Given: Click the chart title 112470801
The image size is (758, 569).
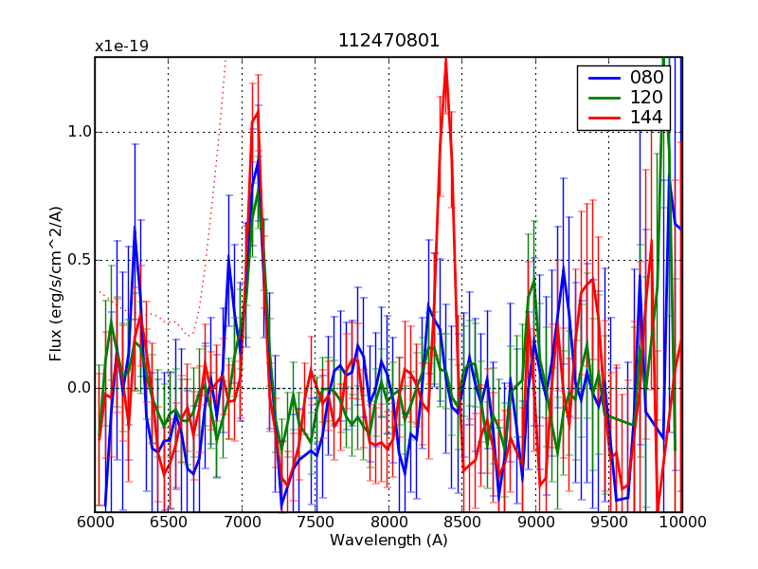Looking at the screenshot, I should tap(388, 41).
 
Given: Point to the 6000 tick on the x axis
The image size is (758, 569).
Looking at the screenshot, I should tap(95, 524).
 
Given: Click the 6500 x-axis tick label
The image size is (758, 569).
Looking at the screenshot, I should tap(169, 524).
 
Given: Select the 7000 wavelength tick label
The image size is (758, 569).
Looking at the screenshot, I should tap(242, 524).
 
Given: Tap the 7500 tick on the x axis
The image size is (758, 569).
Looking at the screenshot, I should tap(316, 524).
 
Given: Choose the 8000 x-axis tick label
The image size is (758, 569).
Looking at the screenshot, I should tap(388, 524).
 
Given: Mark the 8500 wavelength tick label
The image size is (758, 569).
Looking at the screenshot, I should tap(462, 524).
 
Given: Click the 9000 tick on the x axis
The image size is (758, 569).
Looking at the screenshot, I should tap(535, 524).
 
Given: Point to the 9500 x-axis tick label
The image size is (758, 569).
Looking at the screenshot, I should tap(609, 524).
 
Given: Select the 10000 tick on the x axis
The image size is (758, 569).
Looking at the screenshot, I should tap(680, 524).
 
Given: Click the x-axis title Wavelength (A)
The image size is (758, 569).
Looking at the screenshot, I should tap(388, 541).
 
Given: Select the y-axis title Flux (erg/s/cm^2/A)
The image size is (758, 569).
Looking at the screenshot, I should tap(56, 284).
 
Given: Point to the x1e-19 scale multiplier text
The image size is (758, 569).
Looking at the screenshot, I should tap(121, 46).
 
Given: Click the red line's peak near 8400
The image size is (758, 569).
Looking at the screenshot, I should tap(445, 59).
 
